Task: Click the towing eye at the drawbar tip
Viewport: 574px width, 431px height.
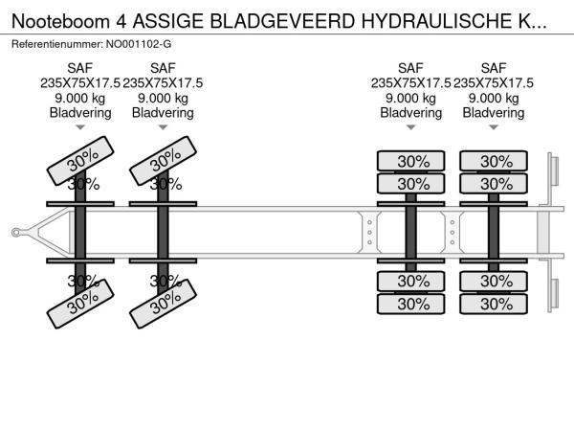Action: (16, 231)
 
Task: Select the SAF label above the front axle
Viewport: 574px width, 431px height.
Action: (80, 67)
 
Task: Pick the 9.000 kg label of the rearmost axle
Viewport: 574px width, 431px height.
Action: (494, 98)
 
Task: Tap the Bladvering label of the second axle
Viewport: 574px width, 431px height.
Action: (163, 113)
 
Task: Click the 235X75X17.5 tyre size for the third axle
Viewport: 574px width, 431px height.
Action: (411, 82)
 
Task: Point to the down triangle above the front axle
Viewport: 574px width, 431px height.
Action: (80, 127)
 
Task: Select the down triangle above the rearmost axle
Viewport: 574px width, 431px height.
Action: (494, 127)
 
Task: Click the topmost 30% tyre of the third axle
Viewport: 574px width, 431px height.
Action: (411, 161)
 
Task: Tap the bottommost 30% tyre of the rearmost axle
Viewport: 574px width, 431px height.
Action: (494, 303)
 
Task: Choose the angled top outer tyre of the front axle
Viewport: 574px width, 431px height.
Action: (81, 160)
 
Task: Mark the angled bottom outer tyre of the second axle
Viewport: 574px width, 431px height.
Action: (164, 303)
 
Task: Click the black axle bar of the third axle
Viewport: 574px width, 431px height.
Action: (411, 231)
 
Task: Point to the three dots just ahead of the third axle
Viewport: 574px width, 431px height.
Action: (369, 231)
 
